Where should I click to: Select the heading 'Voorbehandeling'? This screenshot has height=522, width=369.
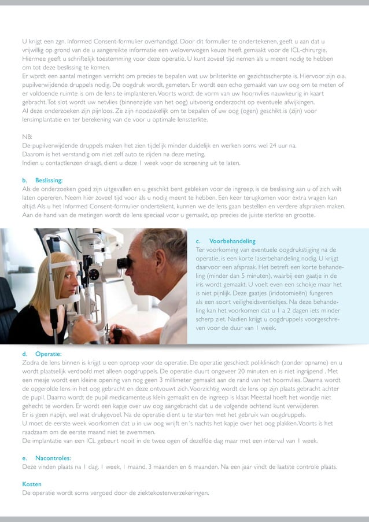(x=232, y=241)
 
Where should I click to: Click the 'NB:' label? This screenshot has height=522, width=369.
(x=27, y=137)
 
